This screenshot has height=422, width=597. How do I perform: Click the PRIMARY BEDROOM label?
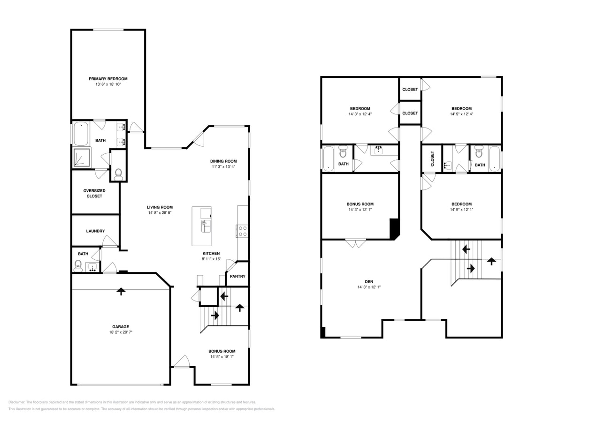coord(108,79)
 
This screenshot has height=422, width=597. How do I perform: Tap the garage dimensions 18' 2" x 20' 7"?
coord(120,332)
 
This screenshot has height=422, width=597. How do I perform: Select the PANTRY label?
coord(237,276)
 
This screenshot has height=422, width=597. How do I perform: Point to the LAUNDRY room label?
coord(95,231)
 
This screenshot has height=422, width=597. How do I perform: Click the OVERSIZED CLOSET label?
coord(94,193)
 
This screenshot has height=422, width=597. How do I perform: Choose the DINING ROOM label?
coord(223,161)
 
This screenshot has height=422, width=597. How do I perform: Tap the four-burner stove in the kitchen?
coord(242,231)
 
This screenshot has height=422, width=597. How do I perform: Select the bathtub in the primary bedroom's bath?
coord(81,133)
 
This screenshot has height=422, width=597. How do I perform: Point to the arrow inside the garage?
coord(121,291)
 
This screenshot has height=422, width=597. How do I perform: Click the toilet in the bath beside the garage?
coord(78,266)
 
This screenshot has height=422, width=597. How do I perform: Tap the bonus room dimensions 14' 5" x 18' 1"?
coord(222,357)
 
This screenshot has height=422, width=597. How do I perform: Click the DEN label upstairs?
coord(369,281)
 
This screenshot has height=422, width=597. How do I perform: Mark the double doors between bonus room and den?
coord(356,243)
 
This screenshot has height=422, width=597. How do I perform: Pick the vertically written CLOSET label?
coord(432,159)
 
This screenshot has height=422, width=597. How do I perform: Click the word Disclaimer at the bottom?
coord(16,402)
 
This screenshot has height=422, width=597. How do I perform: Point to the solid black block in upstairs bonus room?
coord(394,228)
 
